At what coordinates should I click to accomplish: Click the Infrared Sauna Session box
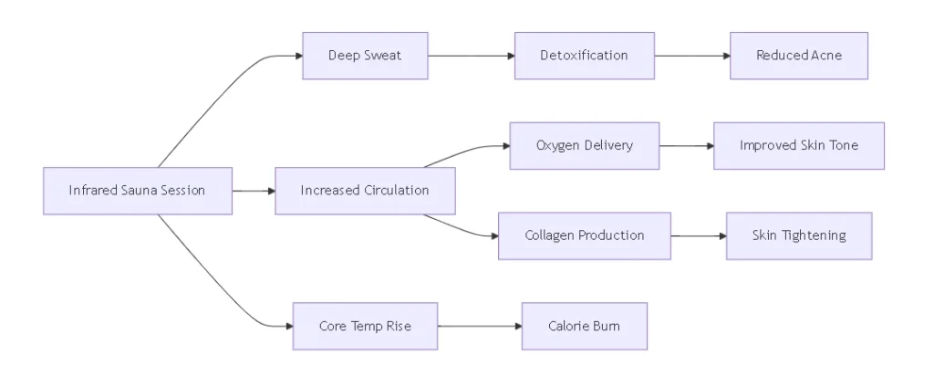[137, 191]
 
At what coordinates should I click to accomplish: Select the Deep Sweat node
[365, 56]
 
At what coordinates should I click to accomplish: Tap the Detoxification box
[584, 56]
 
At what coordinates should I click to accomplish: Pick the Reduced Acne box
[798, 56]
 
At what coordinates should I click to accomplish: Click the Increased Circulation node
[365, 191]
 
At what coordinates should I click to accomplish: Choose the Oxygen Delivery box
[584, 146]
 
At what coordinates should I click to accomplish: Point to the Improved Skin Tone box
[798, 146]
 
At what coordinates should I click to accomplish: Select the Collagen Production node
[584, 235]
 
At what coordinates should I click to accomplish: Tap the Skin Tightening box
[798, 235]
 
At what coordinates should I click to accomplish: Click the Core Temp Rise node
[365, 326]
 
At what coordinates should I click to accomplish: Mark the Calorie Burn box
[584, 326]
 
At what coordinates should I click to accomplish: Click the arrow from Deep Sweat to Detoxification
[471, 56]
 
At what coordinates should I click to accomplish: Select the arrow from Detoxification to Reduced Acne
[691, 56]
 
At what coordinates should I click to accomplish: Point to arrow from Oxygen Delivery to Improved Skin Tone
[686, 146]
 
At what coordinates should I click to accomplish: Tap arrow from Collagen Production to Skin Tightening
[698, 235]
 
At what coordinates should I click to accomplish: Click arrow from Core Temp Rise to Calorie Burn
[479, 326]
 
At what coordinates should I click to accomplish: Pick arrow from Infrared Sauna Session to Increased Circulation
[254, 191]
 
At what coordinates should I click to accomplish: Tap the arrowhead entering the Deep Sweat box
[297, 56]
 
